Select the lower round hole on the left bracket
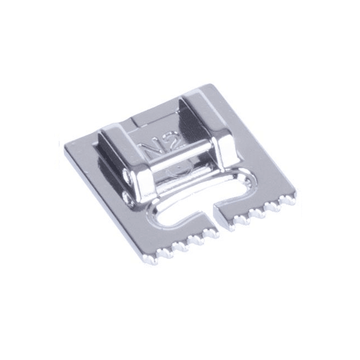pos(127,196)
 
